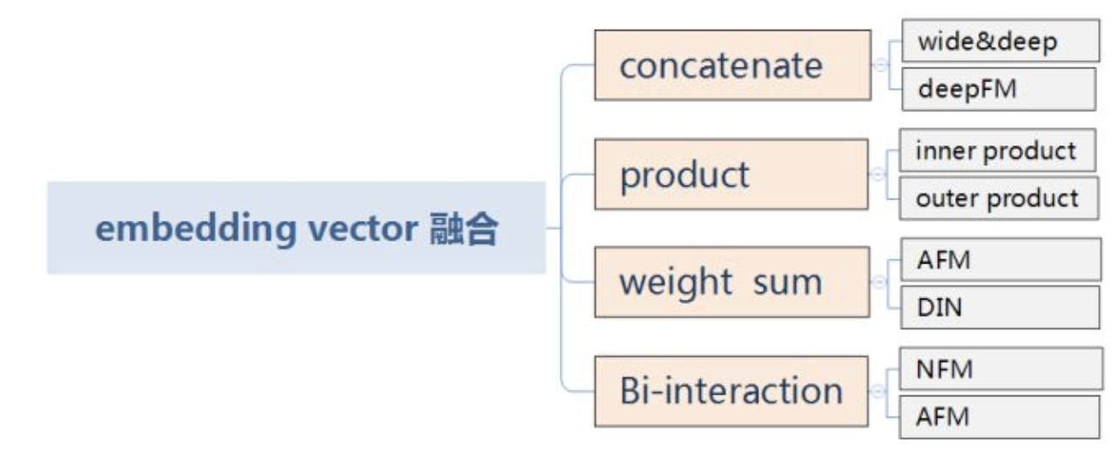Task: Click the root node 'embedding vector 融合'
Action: coord(296,228)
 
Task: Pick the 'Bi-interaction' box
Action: coord(731,391)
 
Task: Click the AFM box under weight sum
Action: coord(1000,260)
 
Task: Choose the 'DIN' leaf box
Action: coord(1000,307)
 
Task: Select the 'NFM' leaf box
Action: coord(1000,369)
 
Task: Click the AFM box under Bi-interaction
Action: coord(1000,417)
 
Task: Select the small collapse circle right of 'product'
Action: coord(876,175)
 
